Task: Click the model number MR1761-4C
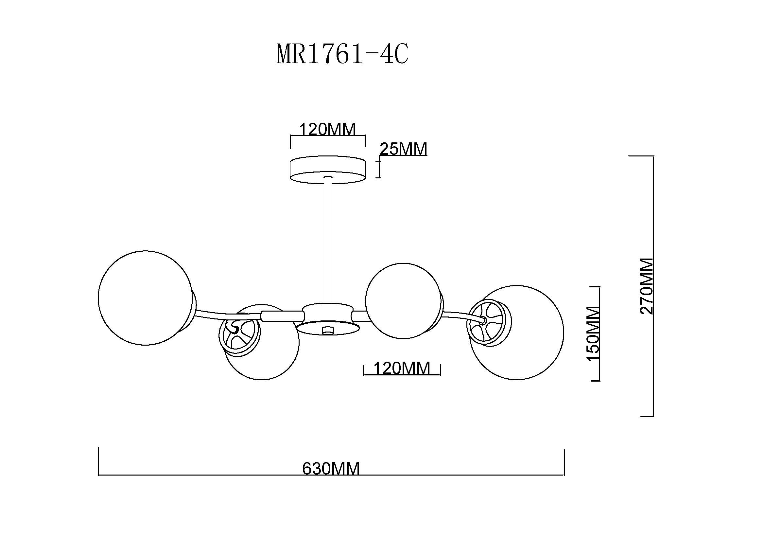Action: coord(342,54)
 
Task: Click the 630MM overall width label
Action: coord(331,469)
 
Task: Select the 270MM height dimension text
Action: coord(647,286)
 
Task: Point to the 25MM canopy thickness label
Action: coord(404,149)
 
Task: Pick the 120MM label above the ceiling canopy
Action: coord(328,129)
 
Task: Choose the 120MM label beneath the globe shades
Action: coord(402,368)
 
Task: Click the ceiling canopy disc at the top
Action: coord(328,170)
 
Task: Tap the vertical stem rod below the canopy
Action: coord(328,240)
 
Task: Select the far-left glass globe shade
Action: coord(145,298)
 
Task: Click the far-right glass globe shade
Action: coord(517,332)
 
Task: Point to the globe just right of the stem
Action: coord(404,301)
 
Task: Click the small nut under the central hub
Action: coord(328,330)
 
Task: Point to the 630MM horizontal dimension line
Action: coord(331,475)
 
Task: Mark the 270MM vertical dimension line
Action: coord(653,286)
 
